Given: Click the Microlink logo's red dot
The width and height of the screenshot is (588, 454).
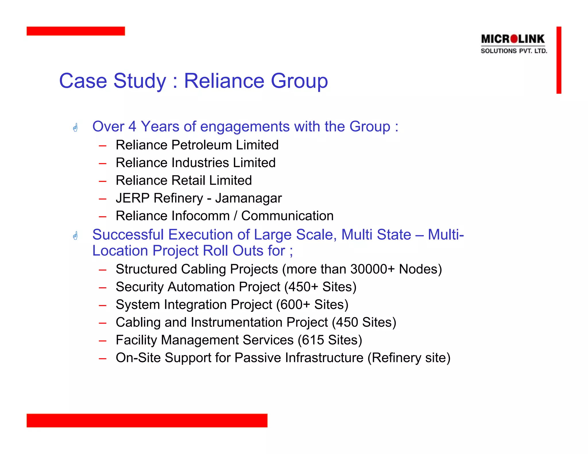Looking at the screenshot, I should (x=514, y=39).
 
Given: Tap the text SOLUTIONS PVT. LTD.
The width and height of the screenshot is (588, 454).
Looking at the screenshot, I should (x=514, y=51).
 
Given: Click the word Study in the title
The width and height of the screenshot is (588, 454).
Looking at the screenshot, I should (x=140, y=81).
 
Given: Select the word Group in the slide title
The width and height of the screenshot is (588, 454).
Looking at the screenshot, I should (x=299, y=81).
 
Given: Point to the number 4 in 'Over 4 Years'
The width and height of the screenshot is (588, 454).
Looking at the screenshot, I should (x=132, y=127).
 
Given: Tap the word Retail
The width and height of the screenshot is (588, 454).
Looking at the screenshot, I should (x=188, y=181).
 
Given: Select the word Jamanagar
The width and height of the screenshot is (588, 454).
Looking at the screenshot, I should (x=249, y=198).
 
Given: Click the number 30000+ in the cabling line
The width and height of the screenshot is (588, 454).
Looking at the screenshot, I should (x=372, y=269).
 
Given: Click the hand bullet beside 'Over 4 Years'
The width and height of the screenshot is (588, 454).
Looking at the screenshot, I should (x=76, y=127).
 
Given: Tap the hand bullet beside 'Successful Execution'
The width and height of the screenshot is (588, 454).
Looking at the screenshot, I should (x=76, y=236).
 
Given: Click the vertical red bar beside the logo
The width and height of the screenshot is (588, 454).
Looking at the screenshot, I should (x=559, y=60).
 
